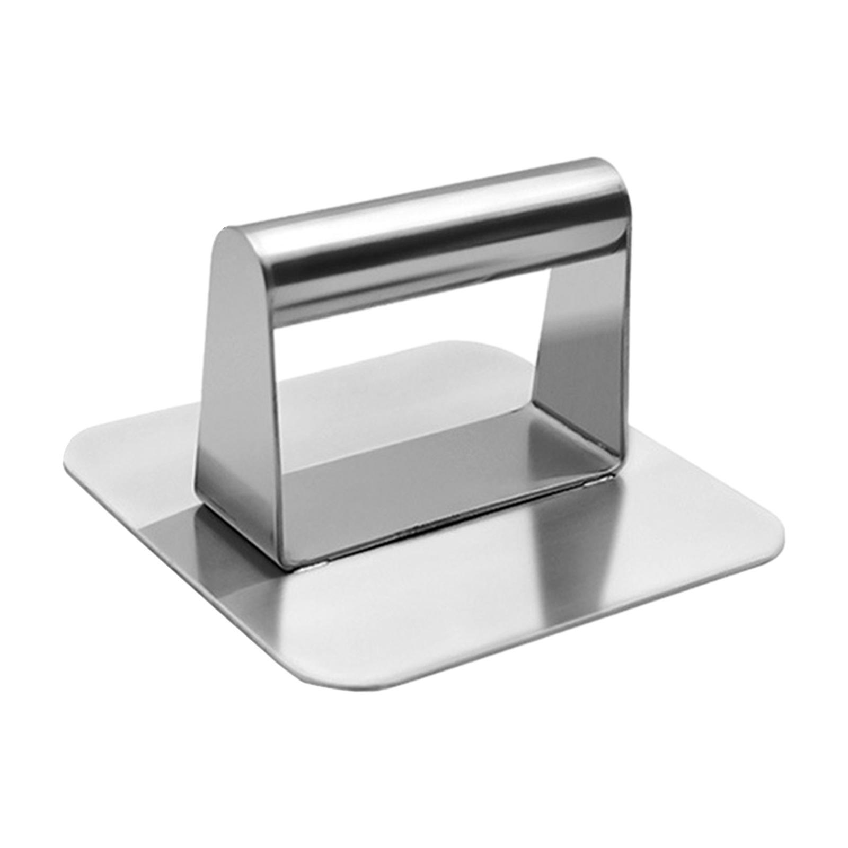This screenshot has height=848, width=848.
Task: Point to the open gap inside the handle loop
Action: coord(403,382)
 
